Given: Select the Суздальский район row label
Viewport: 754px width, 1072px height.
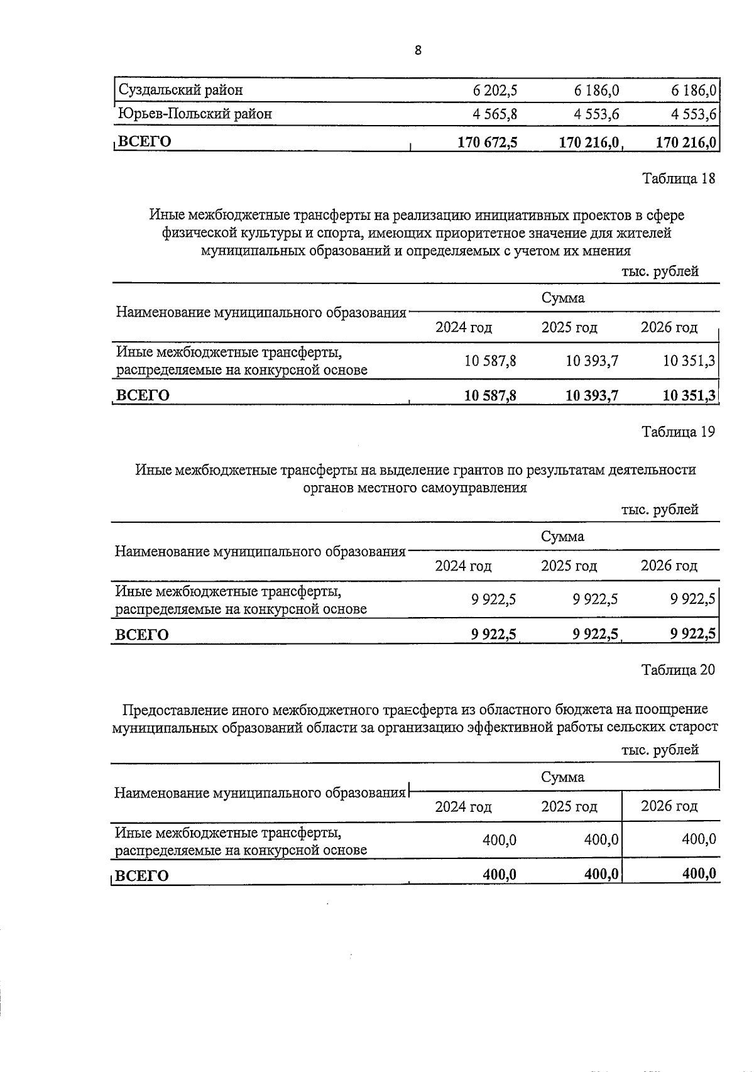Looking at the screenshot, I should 181,90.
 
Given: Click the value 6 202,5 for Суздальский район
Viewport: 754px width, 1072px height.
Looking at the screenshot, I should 495,90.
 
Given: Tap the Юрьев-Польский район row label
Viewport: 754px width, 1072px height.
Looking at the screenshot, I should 195,114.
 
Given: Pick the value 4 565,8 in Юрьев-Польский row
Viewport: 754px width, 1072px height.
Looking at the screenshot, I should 495,114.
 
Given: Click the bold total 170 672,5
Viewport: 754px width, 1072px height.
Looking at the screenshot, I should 488,142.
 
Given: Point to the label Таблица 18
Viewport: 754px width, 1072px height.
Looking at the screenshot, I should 678,178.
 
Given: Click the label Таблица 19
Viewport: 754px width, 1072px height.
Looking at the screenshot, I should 678,432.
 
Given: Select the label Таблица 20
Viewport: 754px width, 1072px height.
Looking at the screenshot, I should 678,670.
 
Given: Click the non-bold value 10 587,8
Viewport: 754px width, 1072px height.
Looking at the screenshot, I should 491,361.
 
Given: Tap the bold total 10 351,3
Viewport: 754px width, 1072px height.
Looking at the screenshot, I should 689,395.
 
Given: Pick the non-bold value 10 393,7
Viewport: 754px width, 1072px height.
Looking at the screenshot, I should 592,361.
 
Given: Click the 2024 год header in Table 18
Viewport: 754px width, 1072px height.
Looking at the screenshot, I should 464,327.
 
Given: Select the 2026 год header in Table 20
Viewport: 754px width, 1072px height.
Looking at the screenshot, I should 669,806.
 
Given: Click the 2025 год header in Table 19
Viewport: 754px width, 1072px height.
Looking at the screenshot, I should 569,566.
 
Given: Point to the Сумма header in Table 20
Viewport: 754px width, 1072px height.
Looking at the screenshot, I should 563,777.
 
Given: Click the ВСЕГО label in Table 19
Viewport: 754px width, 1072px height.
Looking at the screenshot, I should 142,635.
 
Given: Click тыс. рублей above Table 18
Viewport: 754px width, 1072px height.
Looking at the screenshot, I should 660,271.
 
